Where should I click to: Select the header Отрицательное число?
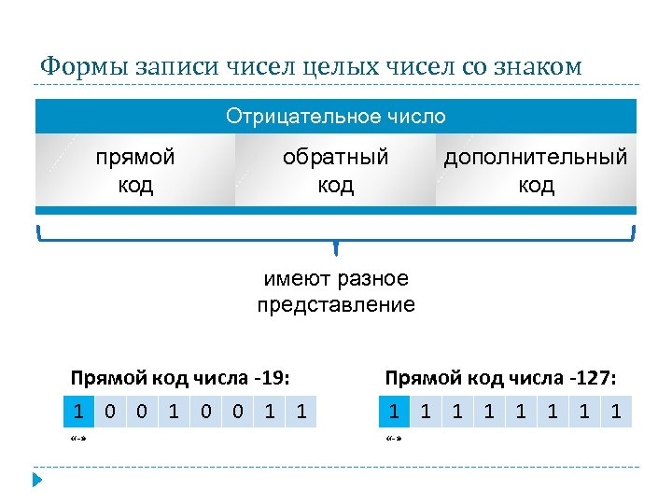click(336, 117)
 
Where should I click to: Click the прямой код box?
click(135, 170)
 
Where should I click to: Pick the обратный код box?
click(336, 170)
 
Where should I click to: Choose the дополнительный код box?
click(536, 170)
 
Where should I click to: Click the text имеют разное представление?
click(336, 291)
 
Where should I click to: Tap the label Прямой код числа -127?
click(500, 378)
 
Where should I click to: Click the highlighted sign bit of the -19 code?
click(79, 410)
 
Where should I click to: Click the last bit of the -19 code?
click(301, 410)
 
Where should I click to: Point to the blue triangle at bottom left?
click(38, 480)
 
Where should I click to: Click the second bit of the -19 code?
click(111, 410)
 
